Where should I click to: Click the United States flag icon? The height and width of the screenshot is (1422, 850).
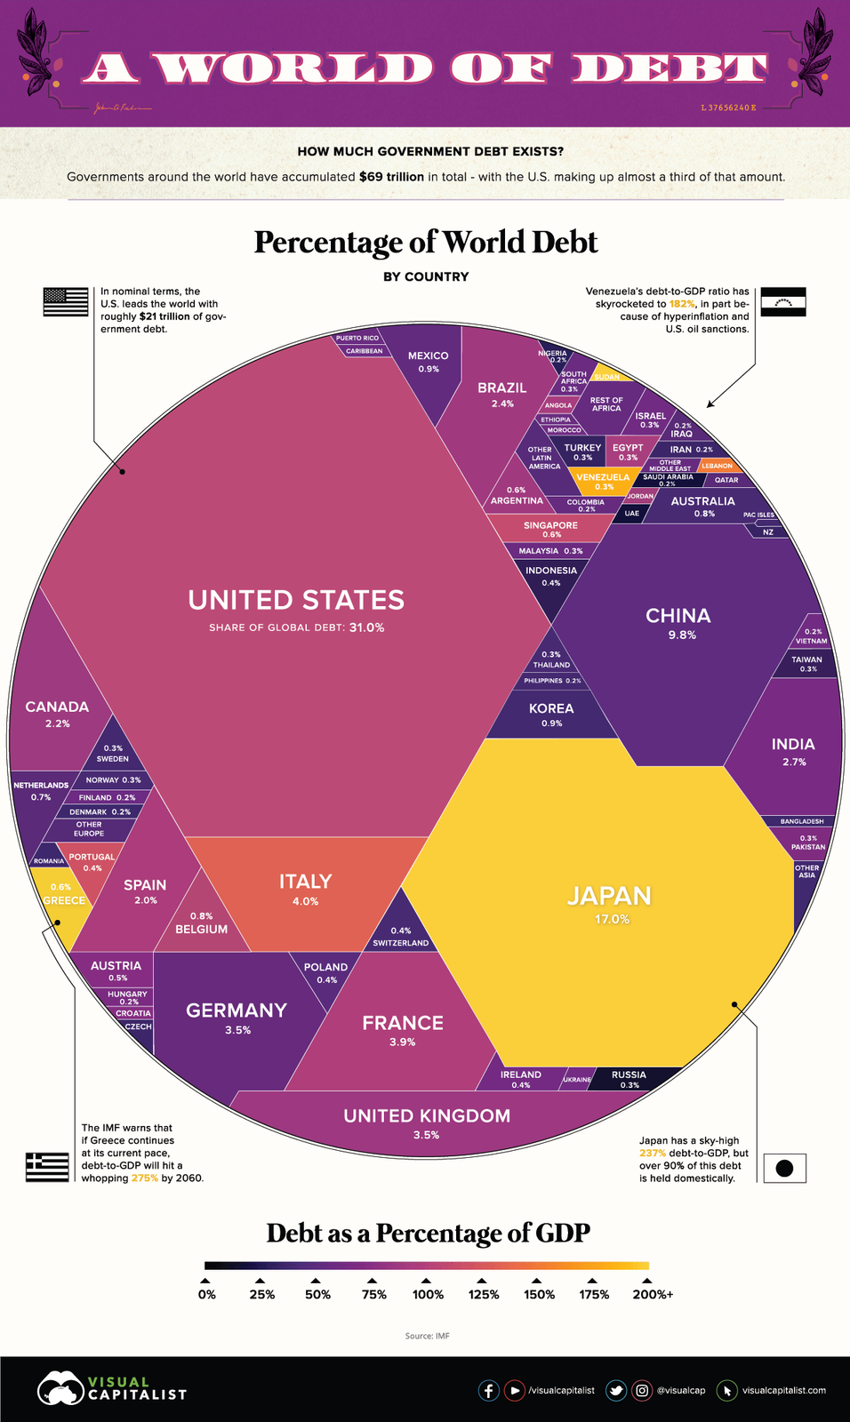click(x=66, y=302)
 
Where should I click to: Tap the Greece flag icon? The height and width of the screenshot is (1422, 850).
click(x=47, y=1166)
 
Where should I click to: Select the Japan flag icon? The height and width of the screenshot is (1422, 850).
click(x=784, y=1168)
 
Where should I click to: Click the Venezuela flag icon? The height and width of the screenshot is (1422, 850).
click(x=783, y=302)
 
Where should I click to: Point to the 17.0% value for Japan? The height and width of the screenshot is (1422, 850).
click(x=612, y=919)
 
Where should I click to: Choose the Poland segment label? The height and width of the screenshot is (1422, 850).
click(x=325, y=967)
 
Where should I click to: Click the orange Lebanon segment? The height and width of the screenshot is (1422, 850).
click(x=718, y=466)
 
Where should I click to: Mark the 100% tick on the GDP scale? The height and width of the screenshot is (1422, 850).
click(x=428, y=1281)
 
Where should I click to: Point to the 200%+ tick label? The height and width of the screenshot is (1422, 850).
click(x=652, y=1294)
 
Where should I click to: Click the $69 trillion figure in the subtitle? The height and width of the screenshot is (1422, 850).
click(x=391, y=177)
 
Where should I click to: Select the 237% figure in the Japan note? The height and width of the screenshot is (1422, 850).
click(x=653, y=1153)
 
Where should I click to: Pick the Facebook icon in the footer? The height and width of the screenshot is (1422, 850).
click(x=488, y=1390)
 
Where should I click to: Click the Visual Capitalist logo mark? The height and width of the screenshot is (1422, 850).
click(x=60, y=1388)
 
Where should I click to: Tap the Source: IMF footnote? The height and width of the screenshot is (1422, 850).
click(x=427, y=1336)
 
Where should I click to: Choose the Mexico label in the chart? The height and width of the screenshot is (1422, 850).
click(x=428, y=355)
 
